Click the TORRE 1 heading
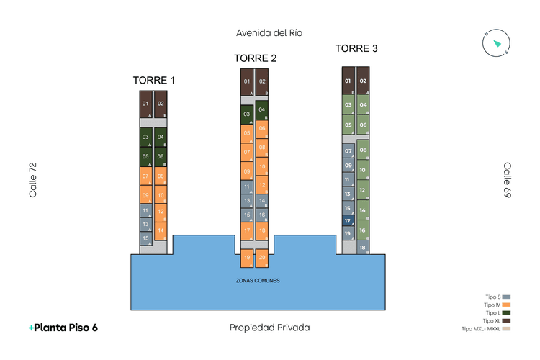154,80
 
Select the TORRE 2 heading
256,58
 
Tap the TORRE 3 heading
356,48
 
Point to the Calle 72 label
33,180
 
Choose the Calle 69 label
507,180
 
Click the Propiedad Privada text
270,328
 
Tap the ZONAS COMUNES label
258,280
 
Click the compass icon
496,43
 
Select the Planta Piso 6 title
63,328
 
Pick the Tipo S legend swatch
507,297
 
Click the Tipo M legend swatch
507,305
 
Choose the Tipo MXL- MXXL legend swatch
507,329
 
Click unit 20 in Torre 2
262,258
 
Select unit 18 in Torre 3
363,247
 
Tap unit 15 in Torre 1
145,238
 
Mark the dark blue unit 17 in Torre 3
348,221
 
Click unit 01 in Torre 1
145,104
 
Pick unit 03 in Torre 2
247,114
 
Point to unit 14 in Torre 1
161,230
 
